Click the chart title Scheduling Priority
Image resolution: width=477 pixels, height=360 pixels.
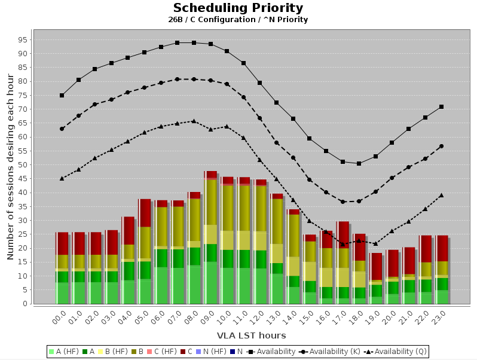pos(238,8)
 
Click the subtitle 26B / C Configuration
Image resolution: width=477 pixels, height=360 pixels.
pos(238,20)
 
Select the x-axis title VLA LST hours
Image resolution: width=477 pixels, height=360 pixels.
pos(251,335)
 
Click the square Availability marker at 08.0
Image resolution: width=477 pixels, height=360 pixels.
pos(194,42)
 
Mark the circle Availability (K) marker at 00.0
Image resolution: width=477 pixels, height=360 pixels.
pos(62,129)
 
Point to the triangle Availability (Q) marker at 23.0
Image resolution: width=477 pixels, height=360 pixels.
pos(441,195)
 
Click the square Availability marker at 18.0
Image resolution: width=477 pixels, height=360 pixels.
pos(359,163)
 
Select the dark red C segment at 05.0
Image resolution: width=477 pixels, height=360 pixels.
pos(144,213)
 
